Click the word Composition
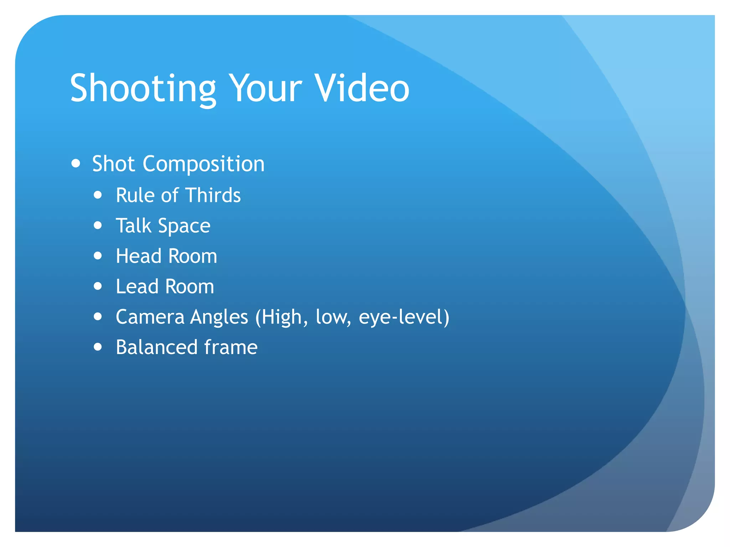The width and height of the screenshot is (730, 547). [204, 164]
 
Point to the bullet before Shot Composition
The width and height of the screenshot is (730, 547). [76, 163]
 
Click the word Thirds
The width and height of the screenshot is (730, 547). [213, 195]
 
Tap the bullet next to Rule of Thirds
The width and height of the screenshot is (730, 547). [98, 195]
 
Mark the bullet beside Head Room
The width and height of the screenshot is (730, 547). [98, 256]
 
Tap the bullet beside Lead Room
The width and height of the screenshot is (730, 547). [98, 286]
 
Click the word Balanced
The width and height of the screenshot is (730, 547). [157, 347]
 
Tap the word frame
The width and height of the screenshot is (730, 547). [231, 347]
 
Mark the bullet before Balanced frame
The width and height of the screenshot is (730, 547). [98, 347]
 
